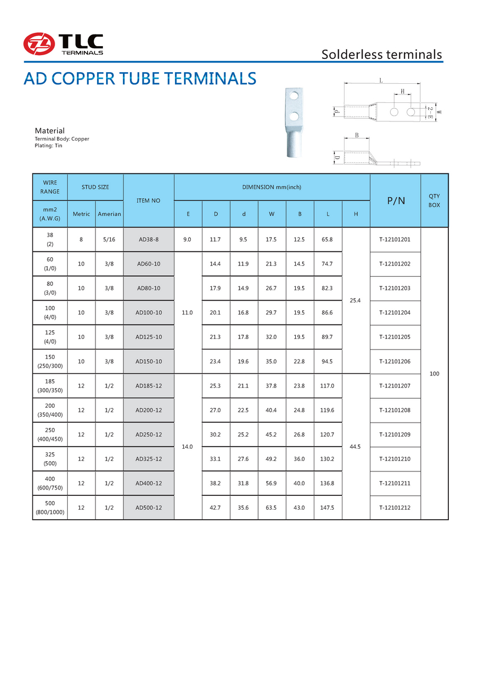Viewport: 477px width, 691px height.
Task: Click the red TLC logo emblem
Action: click(39, 43)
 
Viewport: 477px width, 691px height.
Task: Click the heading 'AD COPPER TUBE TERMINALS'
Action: click(140, 78)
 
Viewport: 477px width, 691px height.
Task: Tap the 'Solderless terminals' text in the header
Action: click(382, 54)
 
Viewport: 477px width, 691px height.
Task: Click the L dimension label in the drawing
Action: click(381, 80)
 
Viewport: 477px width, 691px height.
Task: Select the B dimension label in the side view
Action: click(357, 135)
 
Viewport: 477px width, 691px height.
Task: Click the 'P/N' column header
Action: click(395, 200)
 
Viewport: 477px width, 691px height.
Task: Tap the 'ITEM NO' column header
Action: click(148, 200)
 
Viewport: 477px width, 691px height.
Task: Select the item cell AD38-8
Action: click(148, 239)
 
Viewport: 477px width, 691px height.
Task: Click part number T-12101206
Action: click(395, 361)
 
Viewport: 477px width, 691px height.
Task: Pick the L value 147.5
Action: click(328, 508)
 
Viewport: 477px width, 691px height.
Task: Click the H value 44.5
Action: click(356, 447)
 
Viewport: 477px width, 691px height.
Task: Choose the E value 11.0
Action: click(188, 312)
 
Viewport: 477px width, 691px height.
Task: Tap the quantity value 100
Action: click(435, 373)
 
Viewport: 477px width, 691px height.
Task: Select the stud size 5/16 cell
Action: click(109, 239)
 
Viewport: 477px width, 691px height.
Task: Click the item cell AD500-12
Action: click(148, 508)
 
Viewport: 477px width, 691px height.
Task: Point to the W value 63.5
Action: click(271, 508)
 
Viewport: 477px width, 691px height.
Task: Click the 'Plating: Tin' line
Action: click(48, 145)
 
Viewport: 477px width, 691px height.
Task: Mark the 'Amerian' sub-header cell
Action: click(109, 214)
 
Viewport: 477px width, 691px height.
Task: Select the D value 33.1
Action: click(215, 459)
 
